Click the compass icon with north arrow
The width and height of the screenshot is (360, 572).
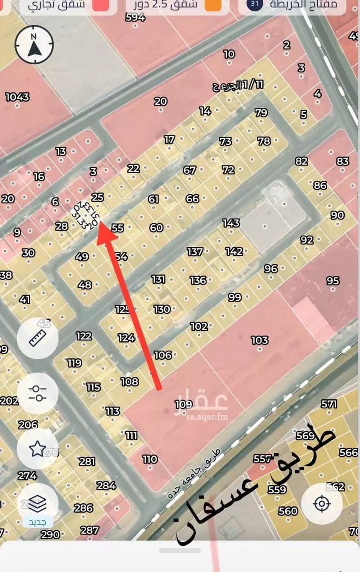click(34, 44)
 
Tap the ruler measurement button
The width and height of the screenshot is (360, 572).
click(37, 338)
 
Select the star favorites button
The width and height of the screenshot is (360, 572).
click(37, 448)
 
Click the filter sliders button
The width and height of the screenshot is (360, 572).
click(37, 393)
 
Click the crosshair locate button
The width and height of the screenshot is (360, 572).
click(322, 504)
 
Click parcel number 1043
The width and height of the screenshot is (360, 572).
click(17, 97)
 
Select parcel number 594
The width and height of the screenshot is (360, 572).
click(135, 18)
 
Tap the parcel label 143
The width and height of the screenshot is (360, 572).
click(231, 223)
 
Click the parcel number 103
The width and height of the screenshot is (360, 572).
click(260, 340)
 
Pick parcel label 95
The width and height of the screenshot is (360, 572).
click(333, 281)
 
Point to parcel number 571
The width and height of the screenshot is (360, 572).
click(329, 404)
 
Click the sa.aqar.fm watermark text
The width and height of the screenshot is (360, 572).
click(207, 417)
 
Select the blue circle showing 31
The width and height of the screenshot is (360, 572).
click(255, 4)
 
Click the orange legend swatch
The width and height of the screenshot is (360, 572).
click(213, 5)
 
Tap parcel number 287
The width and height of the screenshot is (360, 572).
click(90, 530)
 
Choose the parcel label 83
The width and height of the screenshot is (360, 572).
click(343, 161)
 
